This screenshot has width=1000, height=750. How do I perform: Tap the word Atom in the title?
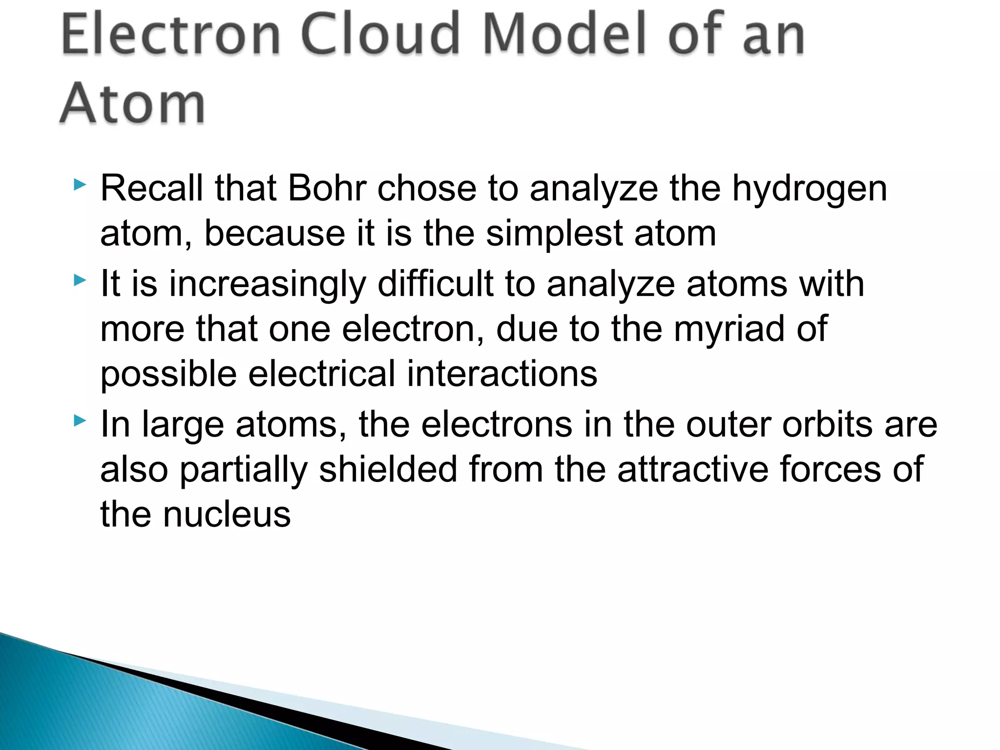pos(132,104)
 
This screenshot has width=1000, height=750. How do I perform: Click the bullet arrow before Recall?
pos(80,185)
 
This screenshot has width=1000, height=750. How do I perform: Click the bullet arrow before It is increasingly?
pos(80,280)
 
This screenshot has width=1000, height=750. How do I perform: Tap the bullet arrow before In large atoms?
pos(80,420)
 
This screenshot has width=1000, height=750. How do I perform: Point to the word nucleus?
pos(227,515)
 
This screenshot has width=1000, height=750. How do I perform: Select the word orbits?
pos(827,424)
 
